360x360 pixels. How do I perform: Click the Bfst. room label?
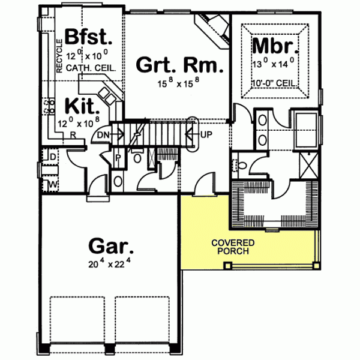click(89, 37)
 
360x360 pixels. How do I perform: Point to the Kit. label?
click(81, 107)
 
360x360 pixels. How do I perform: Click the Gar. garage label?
click(111, 246)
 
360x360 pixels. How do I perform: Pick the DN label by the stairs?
click(103, 134)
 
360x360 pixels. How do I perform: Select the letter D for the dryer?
click(53, 157)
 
